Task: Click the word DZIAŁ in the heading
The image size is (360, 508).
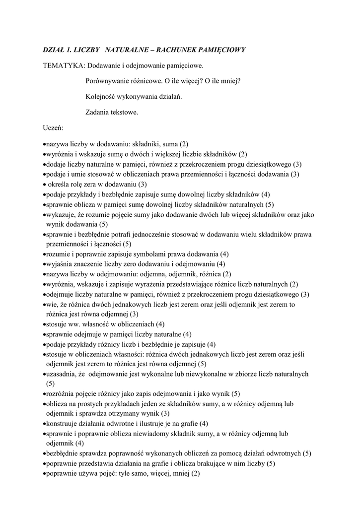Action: (54, 51)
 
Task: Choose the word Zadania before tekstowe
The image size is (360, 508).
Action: (98, 112)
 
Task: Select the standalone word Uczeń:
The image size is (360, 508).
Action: (53, 127)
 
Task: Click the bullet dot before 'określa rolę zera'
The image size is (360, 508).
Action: (45, 184)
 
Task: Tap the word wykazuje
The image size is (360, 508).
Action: (61, 214)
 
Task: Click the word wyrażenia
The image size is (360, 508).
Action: (155, 284)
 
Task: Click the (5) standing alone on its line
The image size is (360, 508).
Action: (51, 383)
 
